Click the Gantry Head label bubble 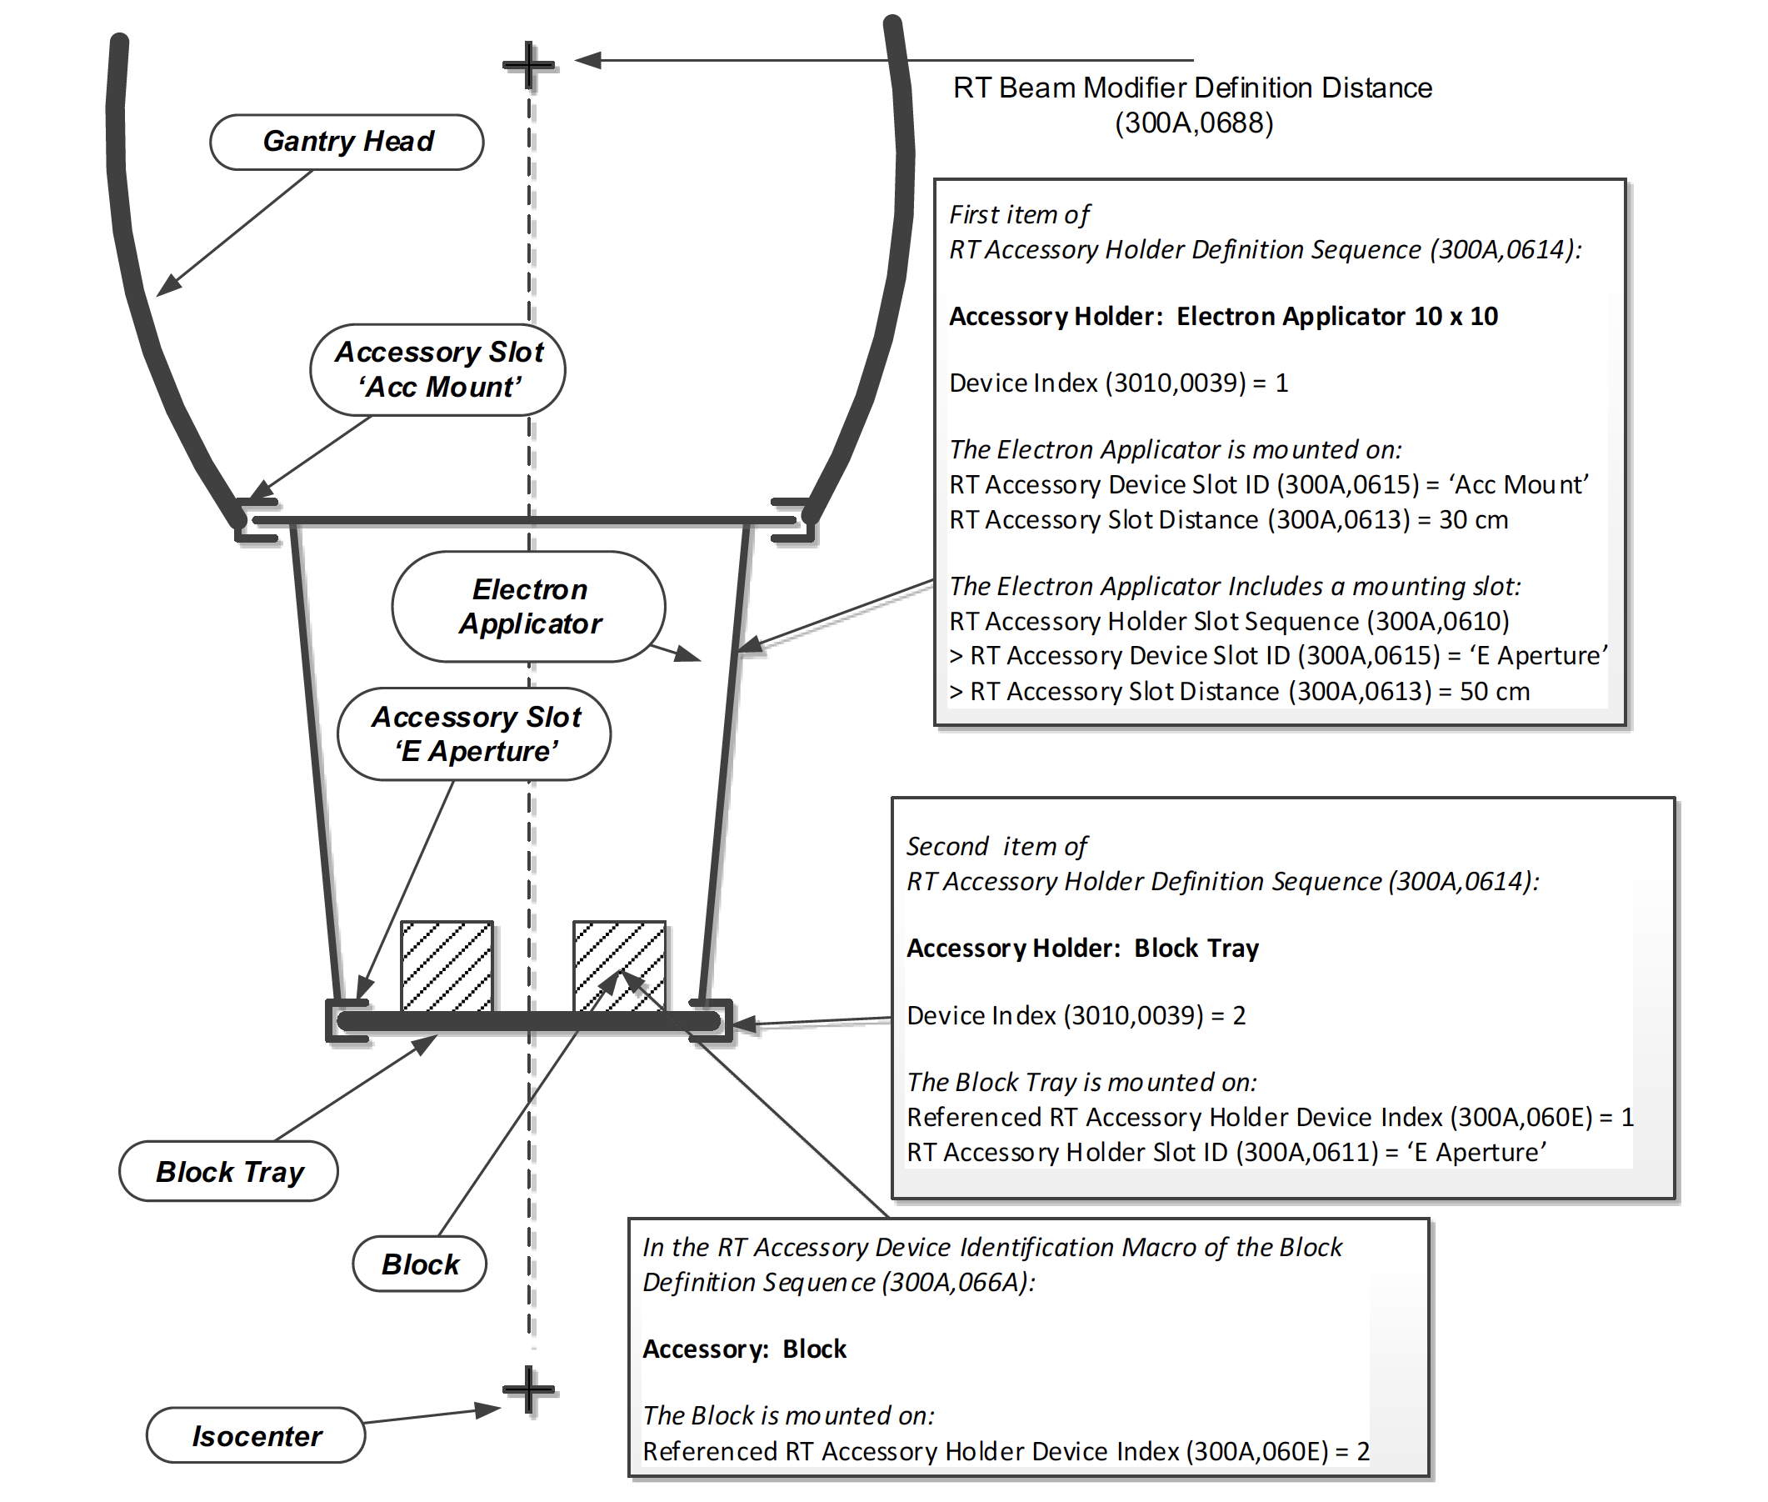coord(347,142)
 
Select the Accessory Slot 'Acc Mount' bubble coord(437,369)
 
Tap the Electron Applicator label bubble coord(528,606)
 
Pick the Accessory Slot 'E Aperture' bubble coord(474,734)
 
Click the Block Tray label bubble coord(228,1172)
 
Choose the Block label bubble coord(419,1264)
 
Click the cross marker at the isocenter coord(528,1390)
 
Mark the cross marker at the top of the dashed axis coord(528,64)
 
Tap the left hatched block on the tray coord(446,966)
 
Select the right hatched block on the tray coord(619,966)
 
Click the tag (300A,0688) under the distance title coord(1193,123)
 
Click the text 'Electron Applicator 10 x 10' coord(1336,317)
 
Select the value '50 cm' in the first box coord(1494,691)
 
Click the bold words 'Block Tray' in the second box coord(1196,949)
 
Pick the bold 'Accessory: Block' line coord(744,1349)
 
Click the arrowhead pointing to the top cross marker coord(587,61)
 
